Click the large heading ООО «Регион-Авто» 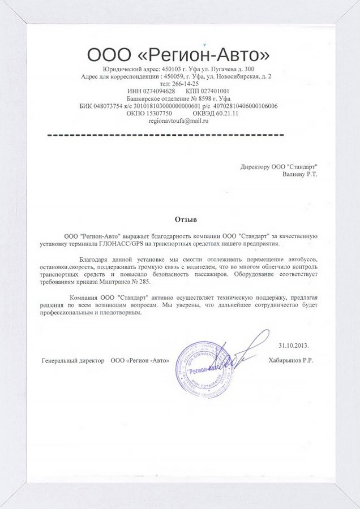(178, 55)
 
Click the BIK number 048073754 (101, 106)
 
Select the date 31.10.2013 (294, 345)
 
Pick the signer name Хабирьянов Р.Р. (293, 360)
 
